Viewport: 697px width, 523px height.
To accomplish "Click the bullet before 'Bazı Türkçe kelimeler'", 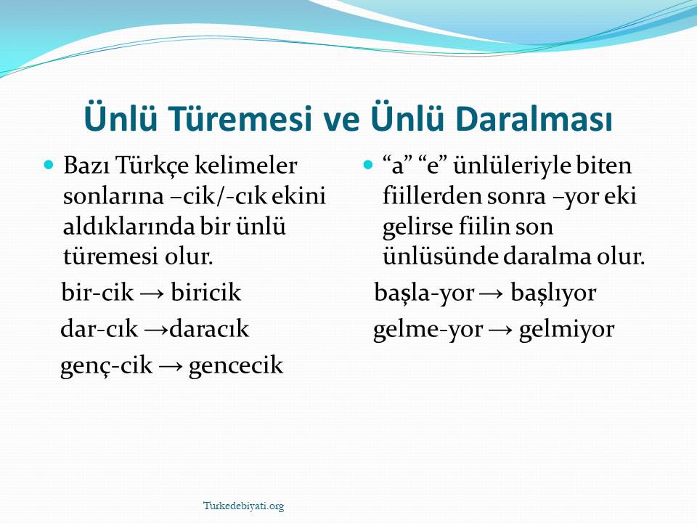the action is [x=49, y=166].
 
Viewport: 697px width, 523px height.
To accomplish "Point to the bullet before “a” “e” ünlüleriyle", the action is [x=367, y=166].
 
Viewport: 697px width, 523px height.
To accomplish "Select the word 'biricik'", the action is [x=205, y=293].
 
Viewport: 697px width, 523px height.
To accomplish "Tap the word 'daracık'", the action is [x=209, y=329].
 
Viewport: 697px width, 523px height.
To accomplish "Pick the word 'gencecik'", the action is [x=235, y=366].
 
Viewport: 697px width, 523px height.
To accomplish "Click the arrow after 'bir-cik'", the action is [x=152, y=294].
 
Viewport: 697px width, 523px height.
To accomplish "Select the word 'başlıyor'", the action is [x=553, y=293].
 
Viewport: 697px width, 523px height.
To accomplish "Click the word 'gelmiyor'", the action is [x=566, y=330].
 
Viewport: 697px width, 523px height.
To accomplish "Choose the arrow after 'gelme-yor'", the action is [x=500, y=331].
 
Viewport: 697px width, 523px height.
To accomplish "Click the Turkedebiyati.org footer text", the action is [x=244, y=506].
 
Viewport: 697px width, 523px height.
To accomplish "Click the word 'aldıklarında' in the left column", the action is [x=129, y=227].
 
